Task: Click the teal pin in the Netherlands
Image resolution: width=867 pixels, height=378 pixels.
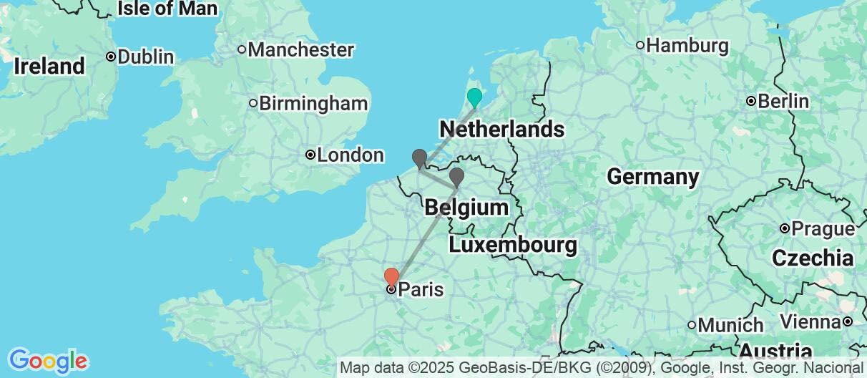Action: (474, 97)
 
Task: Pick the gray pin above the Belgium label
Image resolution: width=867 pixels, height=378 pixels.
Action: (456, 176)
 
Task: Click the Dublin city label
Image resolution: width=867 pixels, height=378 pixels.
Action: (146, 57)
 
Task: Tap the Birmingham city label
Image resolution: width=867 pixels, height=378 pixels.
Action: (313, 104)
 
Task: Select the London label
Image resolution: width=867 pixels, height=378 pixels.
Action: (350, 155)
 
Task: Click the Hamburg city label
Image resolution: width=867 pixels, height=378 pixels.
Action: (687, 46)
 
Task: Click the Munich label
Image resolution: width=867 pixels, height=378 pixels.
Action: (730, 325)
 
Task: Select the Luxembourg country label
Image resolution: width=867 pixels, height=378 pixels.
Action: (513, 246)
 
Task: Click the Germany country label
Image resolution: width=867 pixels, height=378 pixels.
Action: (652, 176)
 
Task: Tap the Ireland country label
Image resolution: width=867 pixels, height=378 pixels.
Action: (49, 67)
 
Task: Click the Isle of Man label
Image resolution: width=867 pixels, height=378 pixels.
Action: (167, 9)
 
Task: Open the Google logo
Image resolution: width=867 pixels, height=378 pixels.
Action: (47, 360)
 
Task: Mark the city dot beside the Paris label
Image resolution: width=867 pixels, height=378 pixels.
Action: (391, 290)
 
